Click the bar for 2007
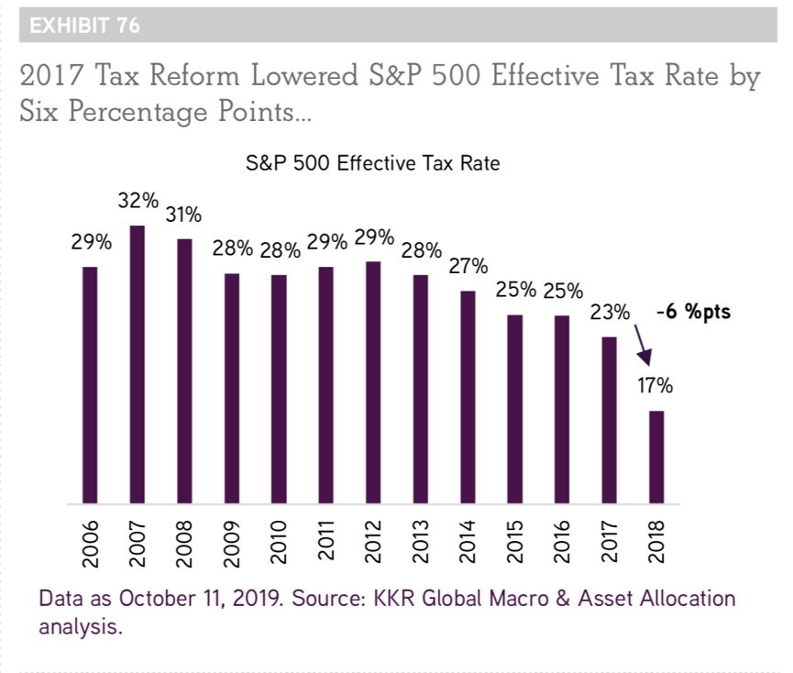pyautogui.click(x=138, y=365)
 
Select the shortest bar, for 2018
pyautogui.click(x=656, y=458)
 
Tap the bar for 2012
pyautogui.click(x=373, y=382)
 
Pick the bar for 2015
pyautogui.click(x=515, y=409)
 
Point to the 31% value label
pyautogui.click(x=184, y=215)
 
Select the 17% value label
pyautogui.click(x=655, y=386)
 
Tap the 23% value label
pyautogui.click(x=610, y=313)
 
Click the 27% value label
pyautogui.click(x=468, y=267)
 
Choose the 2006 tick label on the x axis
pyautogui.click(x=90, y=541)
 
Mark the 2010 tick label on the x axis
pyautogui.click(x=279, y=541)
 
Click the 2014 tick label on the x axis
pyautogui.click(x=468, y=541)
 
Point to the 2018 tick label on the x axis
pyautogui.click(x=657, y=541)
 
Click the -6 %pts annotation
pyautogui.click(x=694, y=313)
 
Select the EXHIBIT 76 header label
pyautogui.click(x=84, y=26)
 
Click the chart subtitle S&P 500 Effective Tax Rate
pyautogui.click(x=371, y=165)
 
